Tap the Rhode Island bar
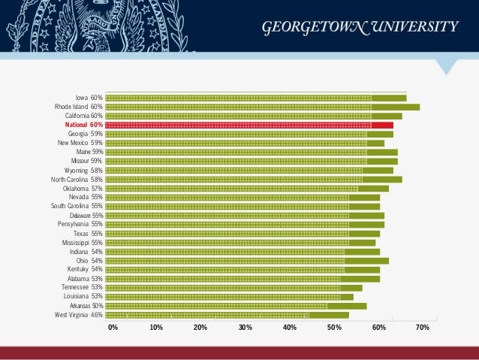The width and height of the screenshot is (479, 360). pyautogui.click(x=262, y=107)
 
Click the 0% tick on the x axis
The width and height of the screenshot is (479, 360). pyautogui.click(x=113, y=328)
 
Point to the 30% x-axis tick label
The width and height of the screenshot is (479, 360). pyautogui.click(x=245, y=328)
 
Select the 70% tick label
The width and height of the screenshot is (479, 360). pyautogui.click(x=422, y=328)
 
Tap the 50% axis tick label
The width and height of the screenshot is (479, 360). pyautogui.click(x=333, y=328)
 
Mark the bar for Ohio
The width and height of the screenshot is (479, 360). pyautogui.click(x=247, y=261)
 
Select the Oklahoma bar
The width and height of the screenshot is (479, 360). pyautogui.click(x=247, y=189)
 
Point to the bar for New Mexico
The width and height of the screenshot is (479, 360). pyautogui.click(x=245, y=143)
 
